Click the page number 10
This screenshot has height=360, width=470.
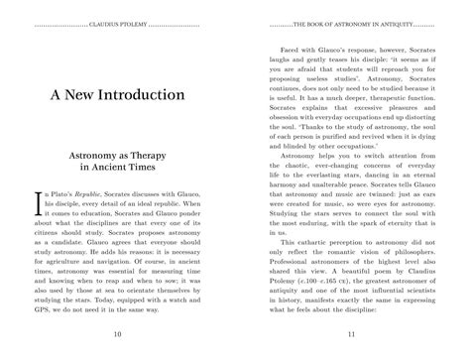(118, 335)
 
